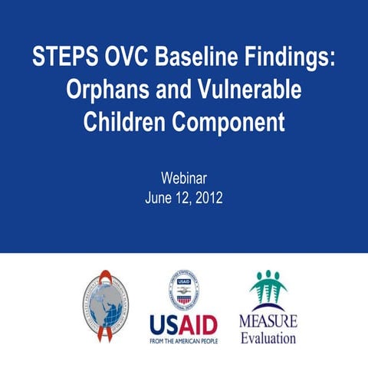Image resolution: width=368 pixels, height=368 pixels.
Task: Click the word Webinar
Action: click(184, 179)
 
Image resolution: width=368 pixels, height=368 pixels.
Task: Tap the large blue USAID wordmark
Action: click(183, 324)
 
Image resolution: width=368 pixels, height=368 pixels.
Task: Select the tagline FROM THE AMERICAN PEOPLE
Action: click(183, 340)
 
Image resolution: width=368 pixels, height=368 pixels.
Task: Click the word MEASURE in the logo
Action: click(268, 320)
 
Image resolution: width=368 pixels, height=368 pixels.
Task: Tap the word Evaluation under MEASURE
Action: click(268, 338)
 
